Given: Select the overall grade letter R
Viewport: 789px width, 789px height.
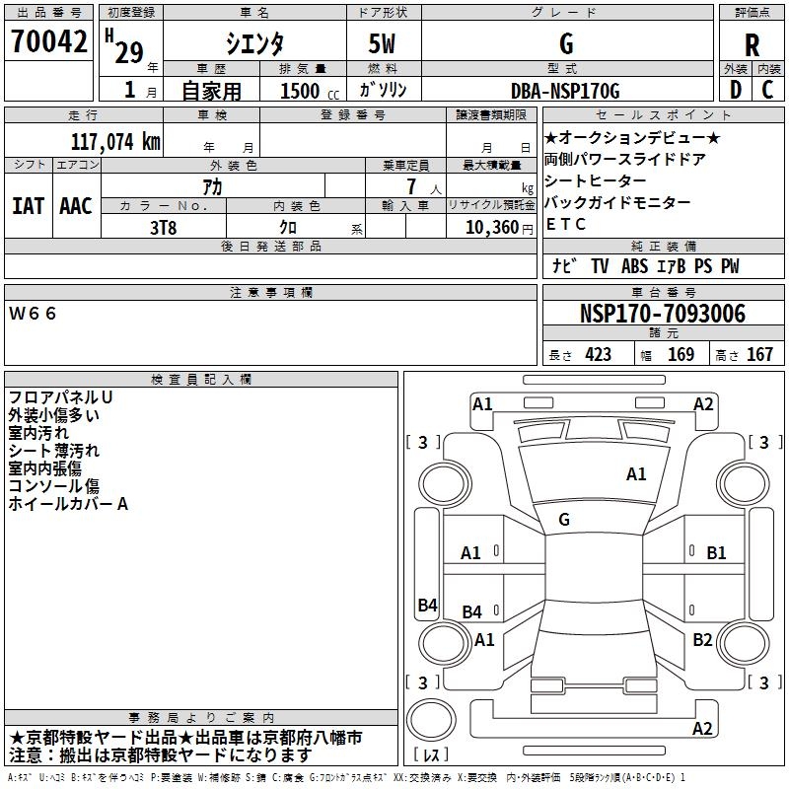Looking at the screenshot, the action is click(752, 45).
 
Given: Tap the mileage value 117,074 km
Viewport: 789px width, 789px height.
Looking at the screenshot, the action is click(116, 142).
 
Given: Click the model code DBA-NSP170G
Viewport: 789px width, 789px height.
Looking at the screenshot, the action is click(565, 91).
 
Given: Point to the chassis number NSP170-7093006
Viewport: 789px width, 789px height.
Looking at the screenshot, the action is click(662, 314).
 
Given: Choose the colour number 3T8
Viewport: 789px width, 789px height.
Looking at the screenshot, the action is click(164, 227).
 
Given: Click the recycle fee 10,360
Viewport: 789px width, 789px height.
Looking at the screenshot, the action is click(489, 227).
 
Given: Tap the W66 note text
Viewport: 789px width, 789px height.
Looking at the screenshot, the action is click(34, 313).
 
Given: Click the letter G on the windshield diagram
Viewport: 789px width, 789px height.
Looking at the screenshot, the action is click(564, 520).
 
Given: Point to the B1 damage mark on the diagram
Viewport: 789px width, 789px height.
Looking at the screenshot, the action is click(716, 553).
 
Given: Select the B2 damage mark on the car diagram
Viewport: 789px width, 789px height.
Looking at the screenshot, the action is click(701, 640).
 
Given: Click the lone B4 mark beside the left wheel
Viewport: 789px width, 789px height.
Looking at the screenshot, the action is click(427, 606).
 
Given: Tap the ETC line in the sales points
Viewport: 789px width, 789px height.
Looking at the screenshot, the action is click(565, 224).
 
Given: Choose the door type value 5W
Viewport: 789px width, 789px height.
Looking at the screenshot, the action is click(383, 44).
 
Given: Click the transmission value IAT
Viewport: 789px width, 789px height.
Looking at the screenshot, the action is click(28, 206).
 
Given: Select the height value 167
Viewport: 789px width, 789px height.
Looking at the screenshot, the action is click(759, 355).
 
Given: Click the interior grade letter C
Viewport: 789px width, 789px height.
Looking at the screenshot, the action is click(767, 90).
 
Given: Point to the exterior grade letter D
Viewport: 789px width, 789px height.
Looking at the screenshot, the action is click(735, 90).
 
